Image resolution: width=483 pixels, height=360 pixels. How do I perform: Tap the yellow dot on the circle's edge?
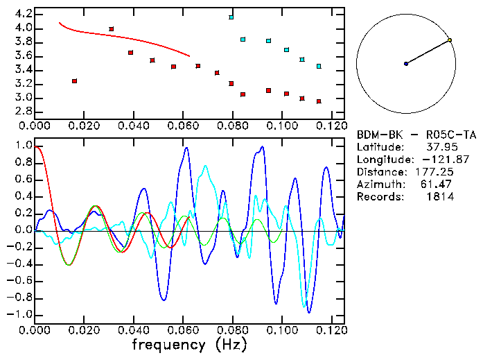(x=450, y=40)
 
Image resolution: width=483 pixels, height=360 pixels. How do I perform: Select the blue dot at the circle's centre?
(x=406, y=64)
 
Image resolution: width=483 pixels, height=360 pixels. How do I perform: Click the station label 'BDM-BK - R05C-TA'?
(x=416, y=135)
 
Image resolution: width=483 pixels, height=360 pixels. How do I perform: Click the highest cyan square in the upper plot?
(x=231, y=17)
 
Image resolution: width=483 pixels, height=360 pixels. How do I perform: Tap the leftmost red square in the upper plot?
(x=74, y=81)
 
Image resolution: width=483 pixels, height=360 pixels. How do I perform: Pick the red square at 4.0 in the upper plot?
(x=112, y=29)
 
